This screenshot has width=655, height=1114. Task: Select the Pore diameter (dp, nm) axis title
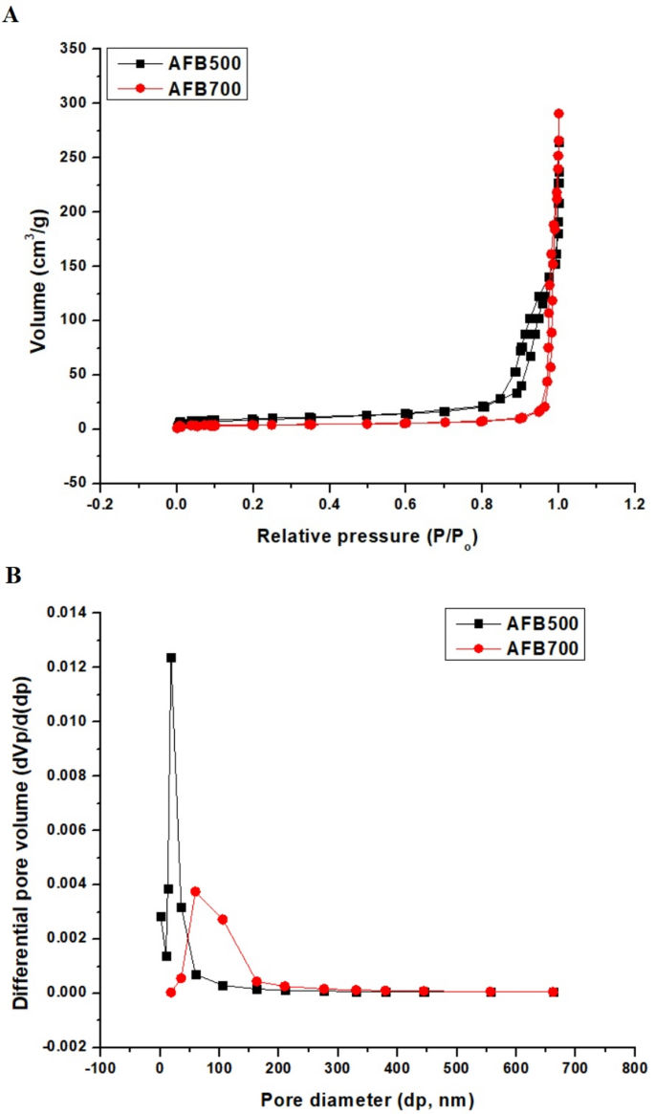point(367,1100)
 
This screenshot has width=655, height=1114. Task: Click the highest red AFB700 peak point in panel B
point(195,891)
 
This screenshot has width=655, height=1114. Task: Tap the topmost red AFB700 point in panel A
point(558,114)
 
